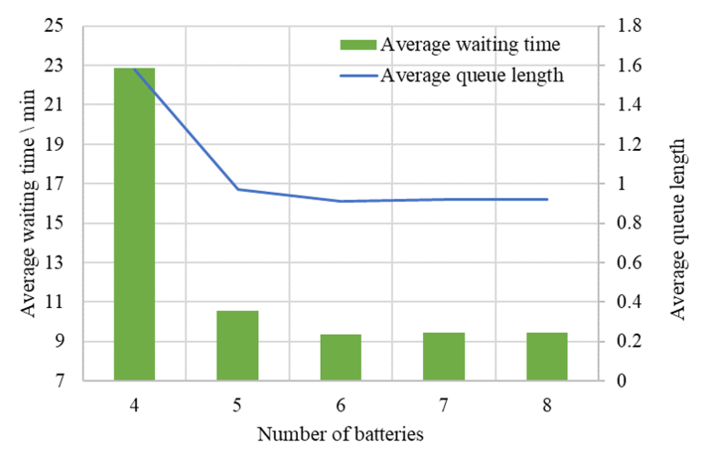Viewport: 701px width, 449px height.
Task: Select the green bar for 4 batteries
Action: coord(134,224)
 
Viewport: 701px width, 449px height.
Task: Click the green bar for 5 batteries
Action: coord(237,346)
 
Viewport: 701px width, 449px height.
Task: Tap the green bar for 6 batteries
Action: coord(341,358)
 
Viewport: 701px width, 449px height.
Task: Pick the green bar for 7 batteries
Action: coord(444,356)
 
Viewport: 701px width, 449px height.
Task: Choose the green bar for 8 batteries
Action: coord(547,356)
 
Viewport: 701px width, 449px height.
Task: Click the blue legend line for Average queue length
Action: coord(359,76)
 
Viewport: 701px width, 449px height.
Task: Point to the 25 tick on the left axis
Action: coord(53,26)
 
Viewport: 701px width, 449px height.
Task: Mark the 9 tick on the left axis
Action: coord(58,341)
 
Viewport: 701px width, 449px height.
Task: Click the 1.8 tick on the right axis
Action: coord(629,26)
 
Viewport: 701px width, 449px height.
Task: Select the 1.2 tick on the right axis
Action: coord(629,144)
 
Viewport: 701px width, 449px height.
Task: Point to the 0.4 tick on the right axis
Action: coord(629,302)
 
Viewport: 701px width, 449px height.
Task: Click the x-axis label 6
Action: coord(341,406)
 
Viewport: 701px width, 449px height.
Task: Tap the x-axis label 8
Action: coord(547,406)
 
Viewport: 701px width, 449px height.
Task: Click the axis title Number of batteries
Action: coord(340,435)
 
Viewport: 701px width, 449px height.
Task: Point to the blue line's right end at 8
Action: coord(547,199)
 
